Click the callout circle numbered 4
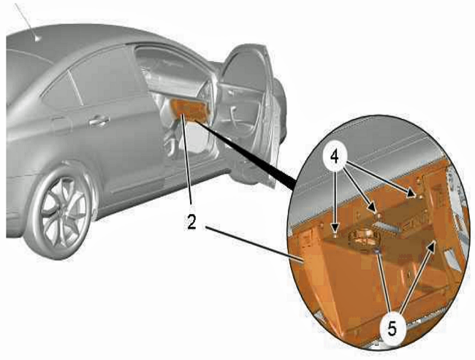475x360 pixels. tap(334, 158)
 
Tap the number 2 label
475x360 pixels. tap(191, 223)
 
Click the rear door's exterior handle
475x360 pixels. tap(99, 121)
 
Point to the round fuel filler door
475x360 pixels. tap(61, 126)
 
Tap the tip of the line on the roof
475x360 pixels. tap(37, 39)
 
